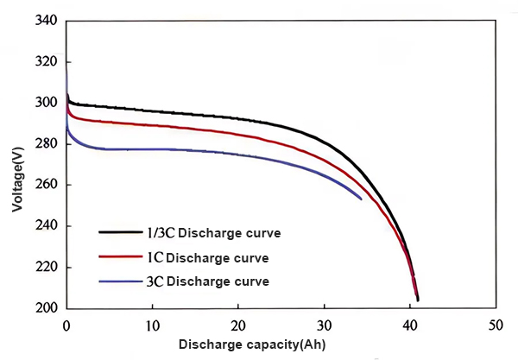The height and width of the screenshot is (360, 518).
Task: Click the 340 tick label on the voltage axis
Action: click(44, 21)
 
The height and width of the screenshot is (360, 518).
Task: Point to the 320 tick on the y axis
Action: click(44, 62)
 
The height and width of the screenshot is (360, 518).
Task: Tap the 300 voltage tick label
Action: click(44, 104)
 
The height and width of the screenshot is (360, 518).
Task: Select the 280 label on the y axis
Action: click(44, 144)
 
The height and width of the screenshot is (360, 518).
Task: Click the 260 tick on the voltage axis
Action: click(44, 186)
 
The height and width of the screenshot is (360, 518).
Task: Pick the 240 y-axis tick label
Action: click(44, 226)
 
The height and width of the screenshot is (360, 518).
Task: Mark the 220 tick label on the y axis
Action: click(44, 268)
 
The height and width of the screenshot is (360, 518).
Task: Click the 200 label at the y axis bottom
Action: click(44, 308)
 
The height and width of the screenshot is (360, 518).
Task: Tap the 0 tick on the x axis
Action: click(66, 327)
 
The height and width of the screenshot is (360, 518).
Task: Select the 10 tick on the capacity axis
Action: click(152, 327)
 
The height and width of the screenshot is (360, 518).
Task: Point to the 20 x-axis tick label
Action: click(238, 327)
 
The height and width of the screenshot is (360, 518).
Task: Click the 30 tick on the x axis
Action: click(324, 327)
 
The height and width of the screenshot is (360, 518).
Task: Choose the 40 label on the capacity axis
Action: click(409, 327)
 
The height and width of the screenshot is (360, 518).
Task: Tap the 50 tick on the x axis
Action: click(495, 327)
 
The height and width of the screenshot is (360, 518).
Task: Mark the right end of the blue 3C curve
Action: click(361, 199)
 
